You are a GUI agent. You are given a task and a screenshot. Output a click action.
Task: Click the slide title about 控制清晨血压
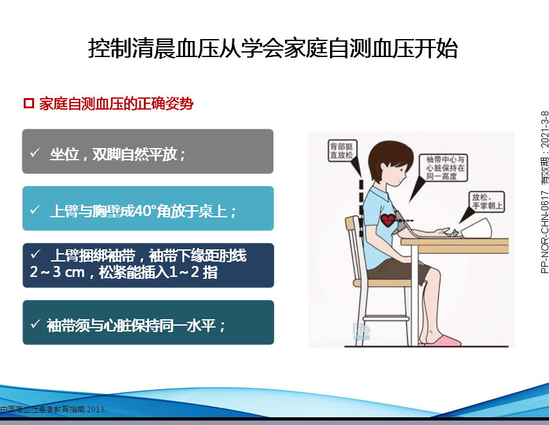tap(273, 49)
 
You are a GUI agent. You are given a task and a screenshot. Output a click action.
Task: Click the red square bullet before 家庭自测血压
tap(29, 103)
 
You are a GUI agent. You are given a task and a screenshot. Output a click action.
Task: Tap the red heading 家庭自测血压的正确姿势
tap(116, 104)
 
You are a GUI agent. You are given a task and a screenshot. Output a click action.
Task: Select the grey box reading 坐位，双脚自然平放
tap(148, 151)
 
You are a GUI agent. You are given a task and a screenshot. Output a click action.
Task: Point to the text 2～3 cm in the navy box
tap(57, 272)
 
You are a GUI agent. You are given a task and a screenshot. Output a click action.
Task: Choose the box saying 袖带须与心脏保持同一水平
tap(148, 322)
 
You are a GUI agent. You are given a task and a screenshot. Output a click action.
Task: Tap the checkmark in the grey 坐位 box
tap(35, 153)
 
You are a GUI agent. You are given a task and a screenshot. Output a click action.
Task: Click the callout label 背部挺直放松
tap(342, 151)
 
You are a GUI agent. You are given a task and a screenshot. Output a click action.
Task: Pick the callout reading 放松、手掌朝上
tap(487, 202)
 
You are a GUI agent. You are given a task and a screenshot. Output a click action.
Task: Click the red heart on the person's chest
tap(388, 220)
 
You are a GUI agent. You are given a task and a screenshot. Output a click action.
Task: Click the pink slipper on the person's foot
tap(445, 340)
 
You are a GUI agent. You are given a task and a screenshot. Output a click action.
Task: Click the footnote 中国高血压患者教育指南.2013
tap(53, 409)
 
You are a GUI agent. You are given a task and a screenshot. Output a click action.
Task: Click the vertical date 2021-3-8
tap(545, 129)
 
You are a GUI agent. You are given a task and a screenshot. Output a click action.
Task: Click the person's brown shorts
tap(397, 270)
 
